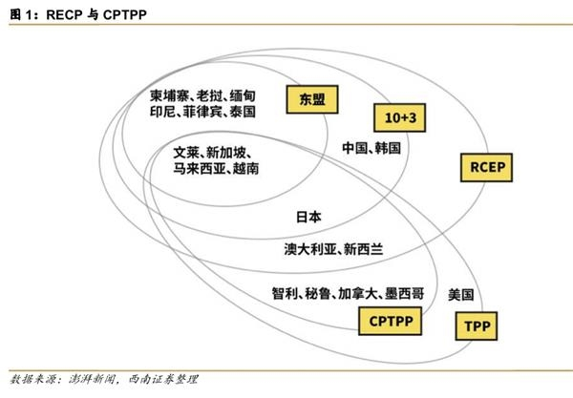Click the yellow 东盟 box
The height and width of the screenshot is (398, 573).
tap(312, 99)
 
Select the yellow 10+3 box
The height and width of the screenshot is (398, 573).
tap(400, 117)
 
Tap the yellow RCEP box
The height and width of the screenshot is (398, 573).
tap(486, 168)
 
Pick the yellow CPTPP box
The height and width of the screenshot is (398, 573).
tap(391, 321)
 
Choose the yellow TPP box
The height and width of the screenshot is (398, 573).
tap(477, 325)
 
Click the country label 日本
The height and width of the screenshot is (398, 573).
tap(308, 217)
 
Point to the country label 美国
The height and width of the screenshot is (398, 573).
tap(461, 294)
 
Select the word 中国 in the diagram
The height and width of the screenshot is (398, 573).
tap(355, 148)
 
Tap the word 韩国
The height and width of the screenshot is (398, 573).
tap(388, 148)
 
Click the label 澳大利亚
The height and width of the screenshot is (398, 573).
tap(309, 249)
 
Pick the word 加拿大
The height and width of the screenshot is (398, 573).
tap(357, 293)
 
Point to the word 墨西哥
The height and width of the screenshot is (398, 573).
tap(404, 293)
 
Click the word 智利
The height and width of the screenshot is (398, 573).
tap(285, 293)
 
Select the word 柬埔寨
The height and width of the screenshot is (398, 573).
tap(169, 95)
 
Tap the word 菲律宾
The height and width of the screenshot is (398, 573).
tap(202, 112)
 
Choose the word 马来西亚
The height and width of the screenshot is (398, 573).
tap(200, 168)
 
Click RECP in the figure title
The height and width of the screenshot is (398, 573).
tap(64, 14)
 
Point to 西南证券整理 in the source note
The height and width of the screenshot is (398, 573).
tap(163, 379)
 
